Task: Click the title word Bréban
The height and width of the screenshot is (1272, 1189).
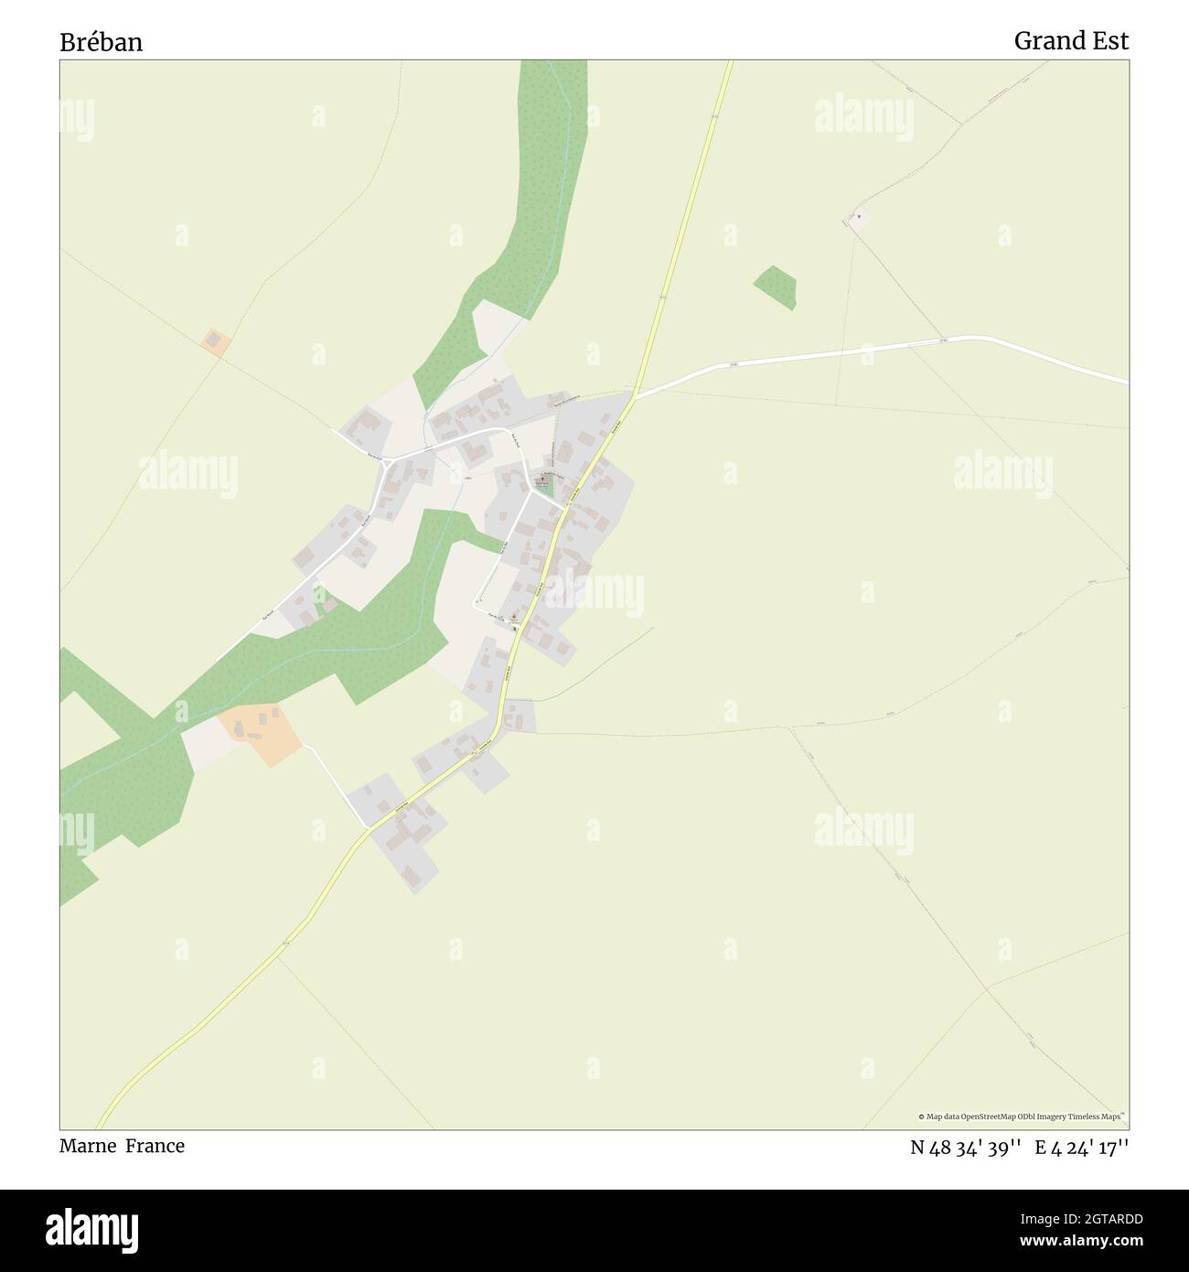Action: coord(101,42)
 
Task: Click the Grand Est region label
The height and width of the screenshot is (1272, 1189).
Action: coord(1071,41)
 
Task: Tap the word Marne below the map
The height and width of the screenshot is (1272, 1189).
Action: coord(88,1146)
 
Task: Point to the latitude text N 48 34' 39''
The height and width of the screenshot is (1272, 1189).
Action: coord(965,1147)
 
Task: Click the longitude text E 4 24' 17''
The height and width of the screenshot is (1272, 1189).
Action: coord(1081,1147)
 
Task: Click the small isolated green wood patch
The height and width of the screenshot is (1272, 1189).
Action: coord(776,286)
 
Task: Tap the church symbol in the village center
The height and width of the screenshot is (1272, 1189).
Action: coord(543,478)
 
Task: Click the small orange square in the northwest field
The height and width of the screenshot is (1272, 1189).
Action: coord(216,342)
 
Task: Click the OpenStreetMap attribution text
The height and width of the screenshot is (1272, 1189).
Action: coord(1023,1116)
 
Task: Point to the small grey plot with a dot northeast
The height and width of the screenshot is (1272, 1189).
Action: coord(857,220)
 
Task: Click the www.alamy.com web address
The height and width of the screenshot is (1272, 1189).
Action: coord(1079,1241)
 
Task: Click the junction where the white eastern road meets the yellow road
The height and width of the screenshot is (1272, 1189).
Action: coord(635,395)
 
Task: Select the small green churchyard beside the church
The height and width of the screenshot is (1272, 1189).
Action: coord(545,489)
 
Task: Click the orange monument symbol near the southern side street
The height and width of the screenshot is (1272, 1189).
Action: coord(513,618)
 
